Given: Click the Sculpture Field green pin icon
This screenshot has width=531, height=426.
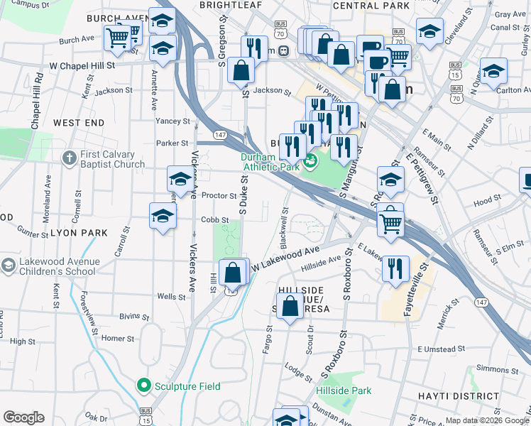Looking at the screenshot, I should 144,386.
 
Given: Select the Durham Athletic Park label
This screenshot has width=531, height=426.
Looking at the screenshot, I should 270,163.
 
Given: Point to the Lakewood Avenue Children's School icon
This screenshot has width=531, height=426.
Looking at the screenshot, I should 8,266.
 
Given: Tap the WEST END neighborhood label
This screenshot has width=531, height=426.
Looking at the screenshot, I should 78,123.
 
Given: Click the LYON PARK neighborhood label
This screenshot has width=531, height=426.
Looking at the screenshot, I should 78,232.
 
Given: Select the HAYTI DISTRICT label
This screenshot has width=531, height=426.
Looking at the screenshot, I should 491,395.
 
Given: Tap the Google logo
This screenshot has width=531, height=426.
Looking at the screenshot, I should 23,417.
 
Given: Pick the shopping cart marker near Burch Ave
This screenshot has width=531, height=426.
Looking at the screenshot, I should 117,36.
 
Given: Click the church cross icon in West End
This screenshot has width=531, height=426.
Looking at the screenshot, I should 69,158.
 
